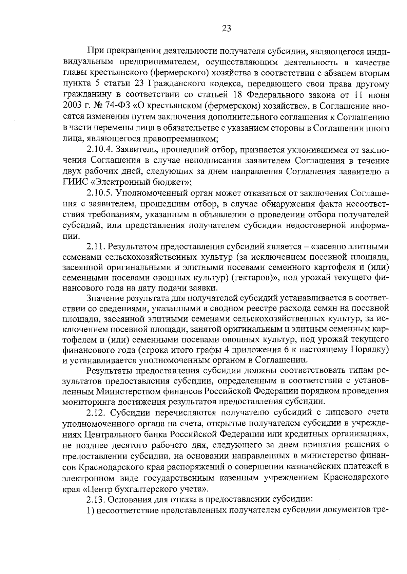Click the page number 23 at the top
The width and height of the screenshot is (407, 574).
pos(226,29)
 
